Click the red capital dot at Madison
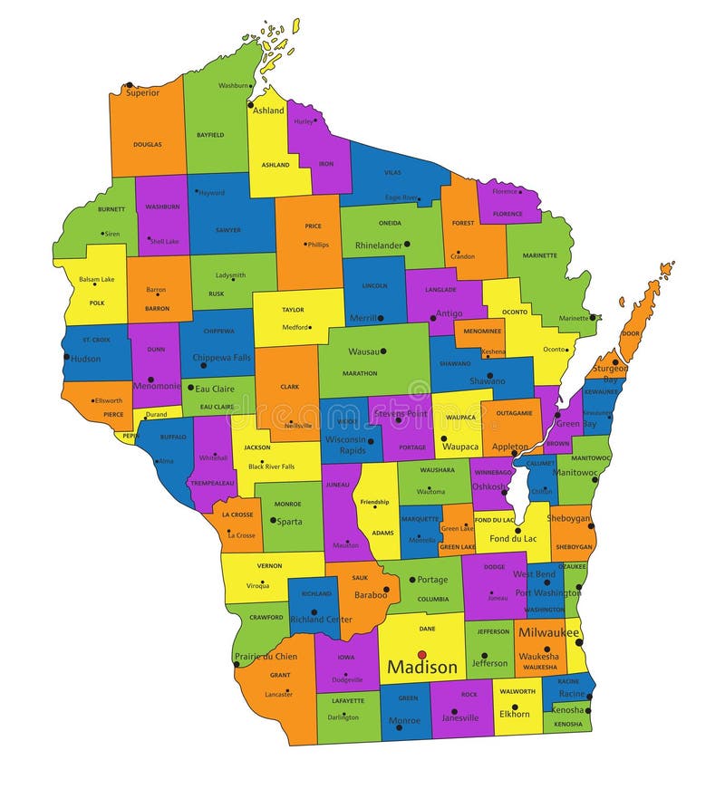[x=421, y=654]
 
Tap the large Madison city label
[x=422, y=668]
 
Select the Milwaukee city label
[x=548, y=632]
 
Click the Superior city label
[x=143, y=92]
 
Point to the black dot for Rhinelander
[x=407, y=245]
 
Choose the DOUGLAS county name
[x=148, y=144]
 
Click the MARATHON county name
[x=360, y=373]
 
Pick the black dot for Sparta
[x=273, y=520]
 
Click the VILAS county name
[x=392, y=171]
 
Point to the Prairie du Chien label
[x=266, y=657]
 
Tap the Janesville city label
[x=460, y=718]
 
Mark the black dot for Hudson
[x=66, y=357]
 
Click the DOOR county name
[x=630, y=333]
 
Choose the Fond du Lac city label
[x=513, y=538]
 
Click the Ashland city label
[x=268, y=111]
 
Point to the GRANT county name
[x=280, y=675]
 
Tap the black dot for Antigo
[x=433, y=318]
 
